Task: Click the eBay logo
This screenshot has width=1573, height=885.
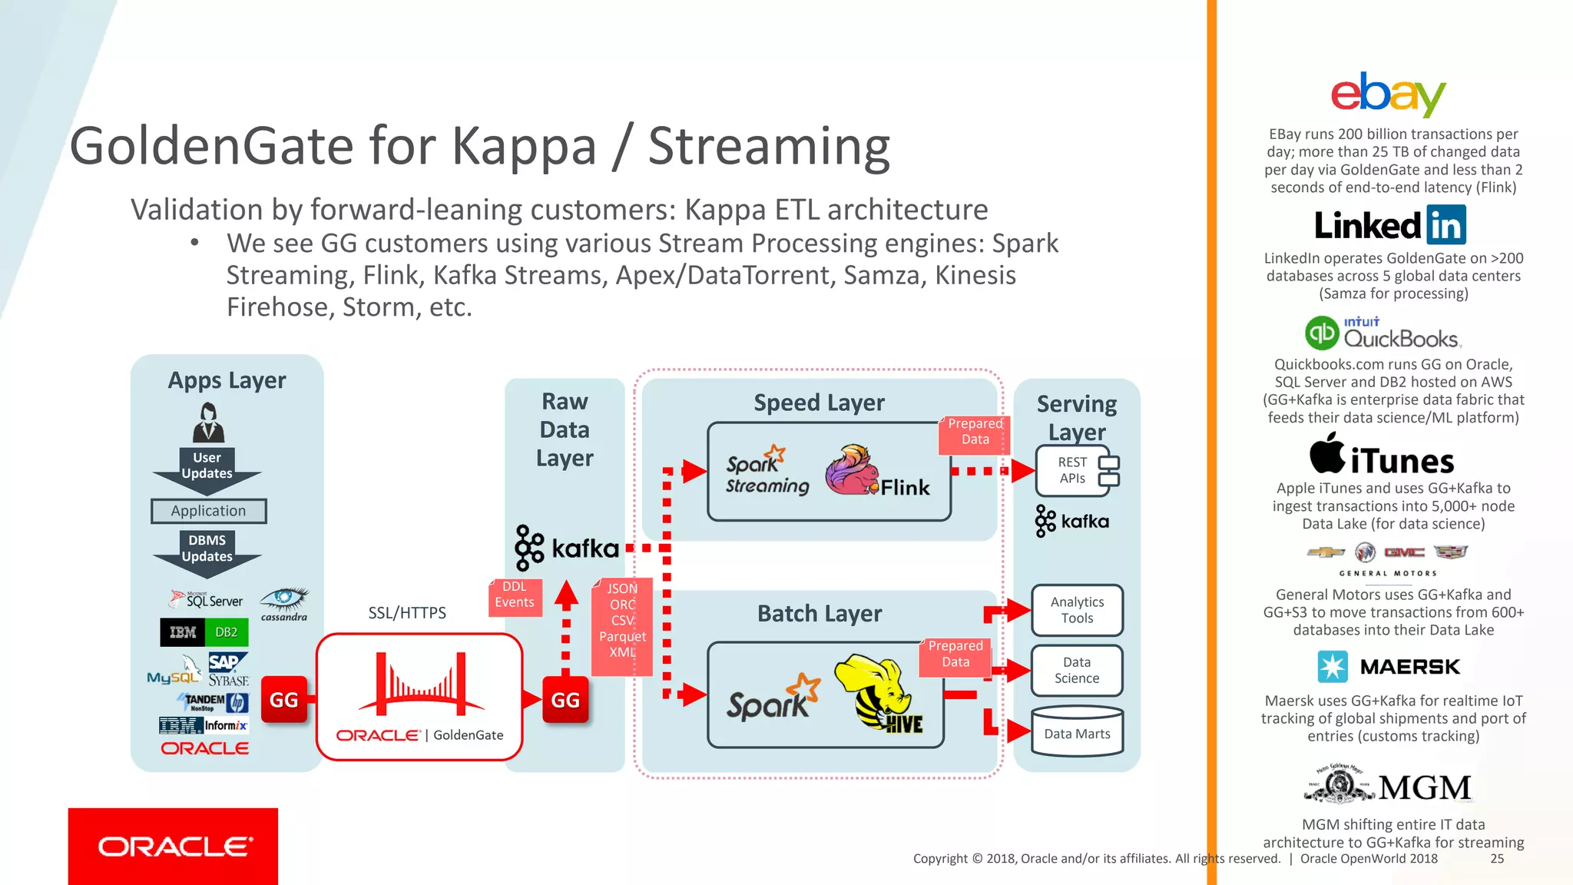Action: (x=1388, y=95)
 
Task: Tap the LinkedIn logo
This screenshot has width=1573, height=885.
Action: (x=1390, y=225)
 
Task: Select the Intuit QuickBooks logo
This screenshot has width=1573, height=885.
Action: (x=1383, y=334)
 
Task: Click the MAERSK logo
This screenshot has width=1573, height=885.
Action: (x=1388, y=667)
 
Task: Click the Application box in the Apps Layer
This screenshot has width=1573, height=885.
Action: (x=208, y=511)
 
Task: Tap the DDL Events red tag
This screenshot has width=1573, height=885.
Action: (x=515, y=595)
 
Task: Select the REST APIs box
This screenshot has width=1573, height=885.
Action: (x=1073, y=470)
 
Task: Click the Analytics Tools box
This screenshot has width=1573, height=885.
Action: (x=1077, y=610)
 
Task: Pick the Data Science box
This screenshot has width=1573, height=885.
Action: (x=1077, y=670)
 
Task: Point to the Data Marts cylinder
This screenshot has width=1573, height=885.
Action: (x=1077, y=733)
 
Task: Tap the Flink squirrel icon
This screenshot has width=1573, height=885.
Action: (x=851, y=469)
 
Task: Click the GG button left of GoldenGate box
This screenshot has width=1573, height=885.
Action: (x=284, y=700)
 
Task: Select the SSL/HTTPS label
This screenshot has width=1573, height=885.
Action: (x=407, y=613)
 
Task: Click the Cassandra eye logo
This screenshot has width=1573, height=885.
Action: (x=284, y=602)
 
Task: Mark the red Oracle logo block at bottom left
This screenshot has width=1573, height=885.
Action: (x=173, y=846)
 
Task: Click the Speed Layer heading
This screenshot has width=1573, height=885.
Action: (x=819, y=403)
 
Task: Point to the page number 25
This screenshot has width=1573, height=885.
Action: (x=1497, y=859)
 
